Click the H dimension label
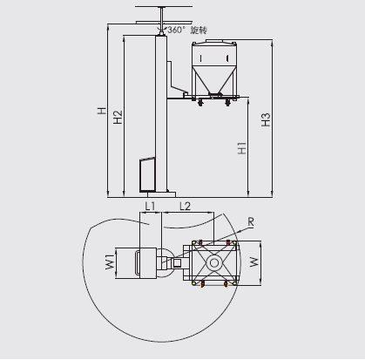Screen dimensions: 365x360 [102, 111]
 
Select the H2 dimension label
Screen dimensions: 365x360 [118, 117]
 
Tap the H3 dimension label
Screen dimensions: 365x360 [266, 119]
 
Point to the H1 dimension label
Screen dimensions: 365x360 [242, 148]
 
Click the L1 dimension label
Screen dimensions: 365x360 [150, 206]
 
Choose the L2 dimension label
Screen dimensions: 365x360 [185, 206]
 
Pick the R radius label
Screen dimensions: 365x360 [251, 222]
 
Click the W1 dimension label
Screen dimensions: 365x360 [110, 262]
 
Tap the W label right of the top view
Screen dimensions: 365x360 [254, 262]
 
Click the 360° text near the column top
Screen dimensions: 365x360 [176, 30]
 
